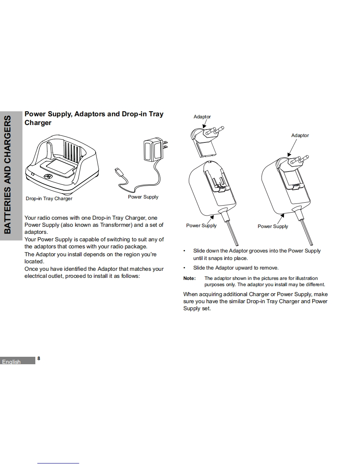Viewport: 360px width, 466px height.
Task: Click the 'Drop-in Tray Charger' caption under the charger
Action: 49,199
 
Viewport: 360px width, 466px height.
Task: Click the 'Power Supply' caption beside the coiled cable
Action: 143,197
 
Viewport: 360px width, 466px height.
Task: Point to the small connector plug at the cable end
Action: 118,171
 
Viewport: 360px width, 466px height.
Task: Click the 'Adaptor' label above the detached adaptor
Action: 202,117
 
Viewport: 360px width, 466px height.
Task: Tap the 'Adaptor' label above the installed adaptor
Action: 300,135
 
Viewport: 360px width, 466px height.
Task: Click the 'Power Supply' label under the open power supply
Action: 201,226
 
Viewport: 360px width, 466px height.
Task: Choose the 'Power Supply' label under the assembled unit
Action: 273,226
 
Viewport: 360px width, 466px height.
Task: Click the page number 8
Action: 39,358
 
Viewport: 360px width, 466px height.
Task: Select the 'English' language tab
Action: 12,362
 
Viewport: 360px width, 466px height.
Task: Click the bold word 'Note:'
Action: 189,278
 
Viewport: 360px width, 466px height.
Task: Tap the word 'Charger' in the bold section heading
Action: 38,123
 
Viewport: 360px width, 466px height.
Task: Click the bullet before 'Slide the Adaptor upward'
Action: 185,268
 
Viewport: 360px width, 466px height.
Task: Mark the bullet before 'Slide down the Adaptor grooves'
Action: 185,251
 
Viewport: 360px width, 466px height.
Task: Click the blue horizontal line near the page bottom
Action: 58,463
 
